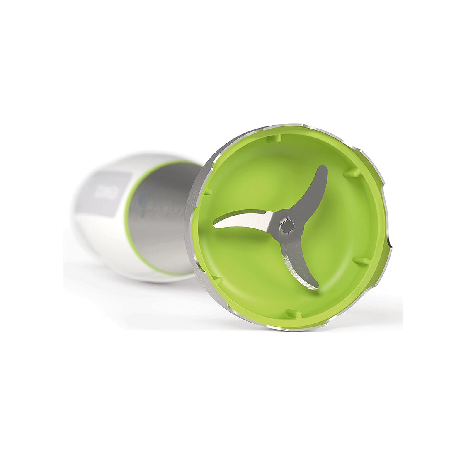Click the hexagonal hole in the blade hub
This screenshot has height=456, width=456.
pos(287,226)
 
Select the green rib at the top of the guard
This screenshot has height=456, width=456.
pos(274,138)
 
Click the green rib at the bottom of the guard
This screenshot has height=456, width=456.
pos(293,313)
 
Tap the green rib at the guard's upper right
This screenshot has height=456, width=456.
pos(352,172)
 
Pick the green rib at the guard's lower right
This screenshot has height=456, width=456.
pos(361,261)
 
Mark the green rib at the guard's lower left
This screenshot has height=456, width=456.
pos(216,280)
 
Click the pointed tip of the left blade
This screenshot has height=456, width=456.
pos(215,226)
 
